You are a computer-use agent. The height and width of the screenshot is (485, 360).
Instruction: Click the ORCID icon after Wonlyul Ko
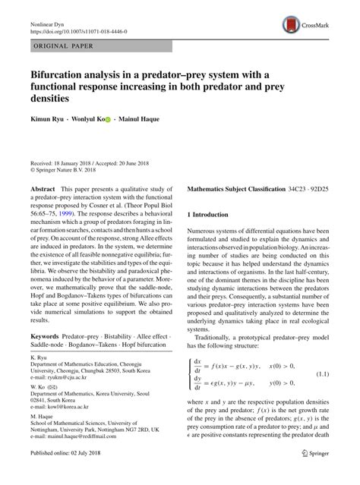pos(108,119)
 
